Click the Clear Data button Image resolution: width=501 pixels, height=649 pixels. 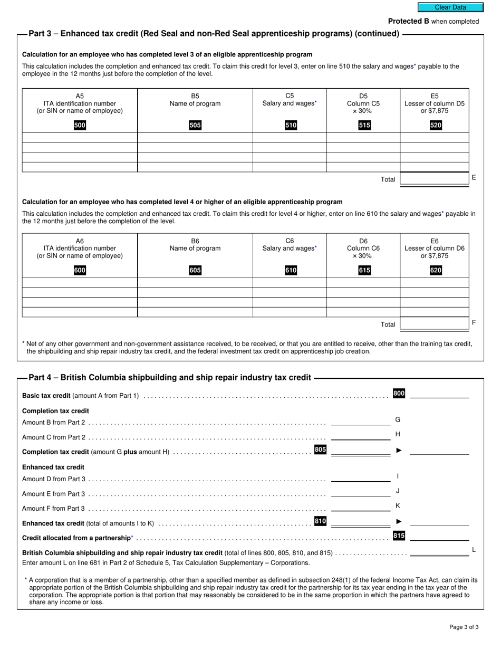(x=450, y=7)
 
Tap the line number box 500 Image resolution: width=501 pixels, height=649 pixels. (x=80, y=125)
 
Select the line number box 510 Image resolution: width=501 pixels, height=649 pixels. (x=291, y=125)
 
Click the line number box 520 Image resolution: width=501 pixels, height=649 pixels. (x=436, y=125)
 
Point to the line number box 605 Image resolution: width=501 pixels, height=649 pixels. (x=195, y=270)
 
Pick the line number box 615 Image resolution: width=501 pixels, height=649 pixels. (x=364, y=270)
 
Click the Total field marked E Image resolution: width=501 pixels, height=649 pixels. (x=435, y=178)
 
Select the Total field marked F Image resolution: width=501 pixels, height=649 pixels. (x=435, y=323)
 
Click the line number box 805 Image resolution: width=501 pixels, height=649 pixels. (x=320, y=450)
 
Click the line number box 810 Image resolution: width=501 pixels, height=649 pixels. (x=320, y=521)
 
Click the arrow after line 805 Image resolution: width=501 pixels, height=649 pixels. (x=399, y=451)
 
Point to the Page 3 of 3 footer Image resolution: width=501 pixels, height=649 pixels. (x=464, y=627)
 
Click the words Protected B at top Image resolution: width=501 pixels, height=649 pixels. (x=408, y=21)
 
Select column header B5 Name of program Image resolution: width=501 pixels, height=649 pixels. (x=195, y=100)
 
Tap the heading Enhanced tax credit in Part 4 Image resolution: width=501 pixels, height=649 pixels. (x=53, y=467)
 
